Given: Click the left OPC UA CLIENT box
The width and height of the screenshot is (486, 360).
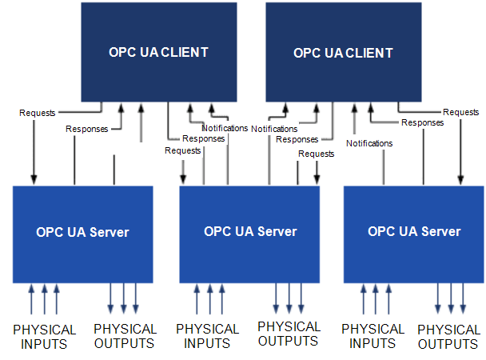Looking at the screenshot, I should point(158,52).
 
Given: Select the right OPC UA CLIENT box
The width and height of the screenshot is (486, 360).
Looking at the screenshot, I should point(343,53).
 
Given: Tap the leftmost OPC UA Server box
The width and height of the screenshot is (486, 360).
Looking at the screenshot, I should point(82,233).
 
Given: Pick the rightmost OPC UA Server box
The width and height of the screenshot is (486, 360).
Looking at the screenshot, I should point(413,232).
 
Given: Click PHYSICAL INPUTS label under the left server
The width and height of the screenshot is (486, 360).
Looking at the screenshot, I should point(45,336).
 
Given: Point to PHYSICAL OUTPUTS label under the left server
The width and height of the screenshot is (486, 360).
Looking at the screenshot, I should point(125,336).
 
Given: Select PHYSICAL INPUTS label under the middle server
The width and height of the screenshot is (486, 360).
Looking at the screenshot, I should point(207,336).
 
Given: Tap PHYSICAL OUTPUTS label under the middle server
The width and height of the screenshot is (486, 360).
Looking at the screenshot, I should point(289,334).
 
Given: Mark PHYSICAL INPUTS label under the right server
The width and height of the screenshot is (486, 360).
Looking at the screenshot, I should point(372,336).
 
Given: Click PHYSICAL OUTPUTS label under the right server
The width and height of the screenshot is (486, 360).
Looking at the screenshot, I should point(448,337).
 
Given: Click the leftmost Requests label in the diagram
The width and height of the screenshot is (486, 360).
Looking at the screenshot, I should point(38,113).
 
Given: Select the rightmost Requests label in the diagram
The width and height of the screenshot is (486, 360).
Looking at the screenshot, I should point(460,113).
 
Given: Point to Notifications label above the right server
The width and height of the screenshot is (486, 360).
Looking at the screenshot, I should point(369,143).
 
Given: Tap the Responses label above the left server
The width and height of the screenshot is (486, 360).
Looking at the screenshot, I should point(86,128).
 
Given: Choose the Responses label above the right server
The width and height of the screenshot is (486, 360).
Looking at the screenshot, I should point(422,122).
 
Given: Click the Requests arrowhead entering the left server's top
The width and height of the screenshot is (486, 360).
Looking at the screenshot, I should point(34,179).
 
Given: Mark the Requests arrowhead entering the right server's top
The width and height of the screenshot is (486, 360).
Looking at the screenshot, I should point(460,179).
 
